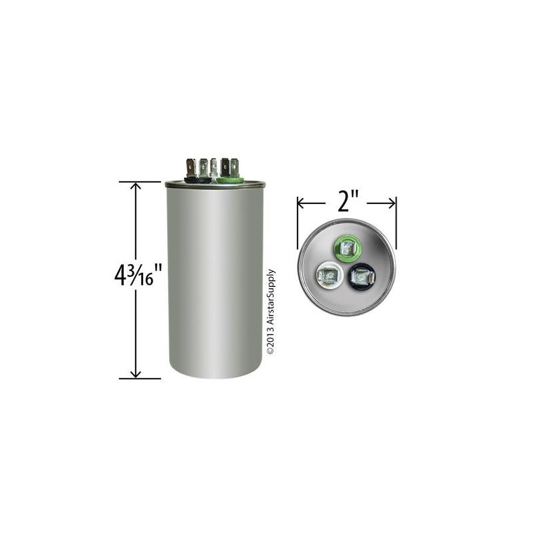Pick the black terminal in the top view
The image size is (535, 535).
point(360,274)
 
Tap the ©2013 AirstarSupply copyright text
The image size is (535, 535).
point(271,312)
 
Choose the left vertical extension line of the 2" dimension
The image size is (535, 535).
point(298,221)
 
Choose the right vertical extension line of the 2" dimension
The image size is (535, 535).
point(397,221)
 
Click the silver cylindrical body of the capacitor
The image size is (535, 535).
point(215,281)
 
